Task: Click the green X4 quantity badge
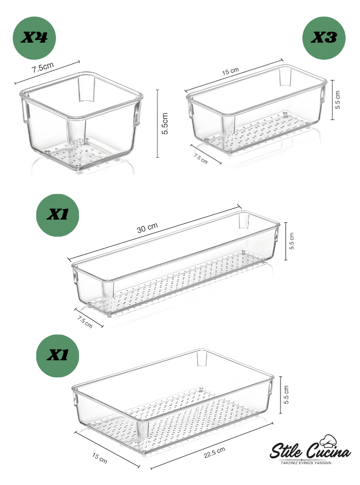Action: pos(34,38)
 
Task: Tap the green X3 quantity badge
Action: pos(324,38)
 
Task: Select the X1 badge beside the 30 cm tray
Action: pos(58,215)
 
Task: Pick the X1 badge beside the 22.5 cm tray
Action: pos(58,355)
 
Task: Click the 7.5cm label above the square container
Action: pos(43,68)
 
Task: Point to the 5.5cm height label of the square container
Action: pos(165,124)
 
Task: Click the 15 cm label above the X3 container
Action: pos(230,71)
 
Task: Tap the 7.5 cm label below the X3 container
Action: pos(201,159)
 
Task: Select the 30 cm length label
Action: pos(147,228)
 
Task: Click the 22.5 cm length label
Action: pos(214,452)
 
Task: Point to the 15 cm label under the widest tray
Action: pos(100,458)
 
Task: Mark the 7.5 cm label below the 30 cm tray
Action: pos(85,322)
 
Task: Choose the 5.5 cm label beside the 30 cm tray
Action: pos(292,241)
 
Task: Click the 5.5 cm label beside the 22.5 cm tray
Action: pos(286,394)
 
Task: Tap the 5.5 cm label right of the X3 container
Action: pos(338,100)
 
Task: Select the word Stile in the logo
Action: pos(286,451)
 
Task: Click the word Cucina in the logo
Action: pos(328,452)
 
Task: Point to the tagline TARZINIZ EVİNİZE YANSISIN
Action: pos(306,463)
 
